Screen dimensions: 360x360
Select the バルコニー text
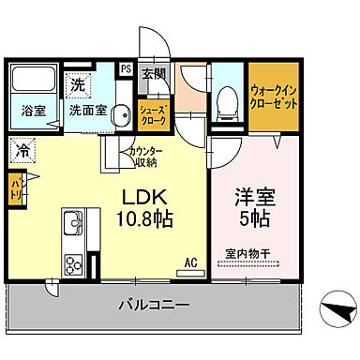(156, 305)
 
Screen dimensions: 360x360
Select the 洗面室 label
(87, 110)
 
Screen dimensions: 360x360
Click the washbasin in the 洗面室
(119, 115)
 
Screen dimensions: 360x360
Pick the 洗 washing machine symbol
(79, 84)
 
